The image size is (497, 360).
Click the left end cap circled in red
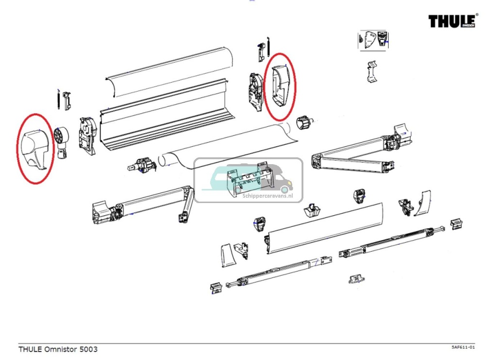(x=35, y=149)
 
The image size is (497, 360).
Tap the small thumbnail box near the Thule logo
(x=373, y=39)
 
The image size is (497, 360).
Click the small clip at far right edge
(x=457, y=224)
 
